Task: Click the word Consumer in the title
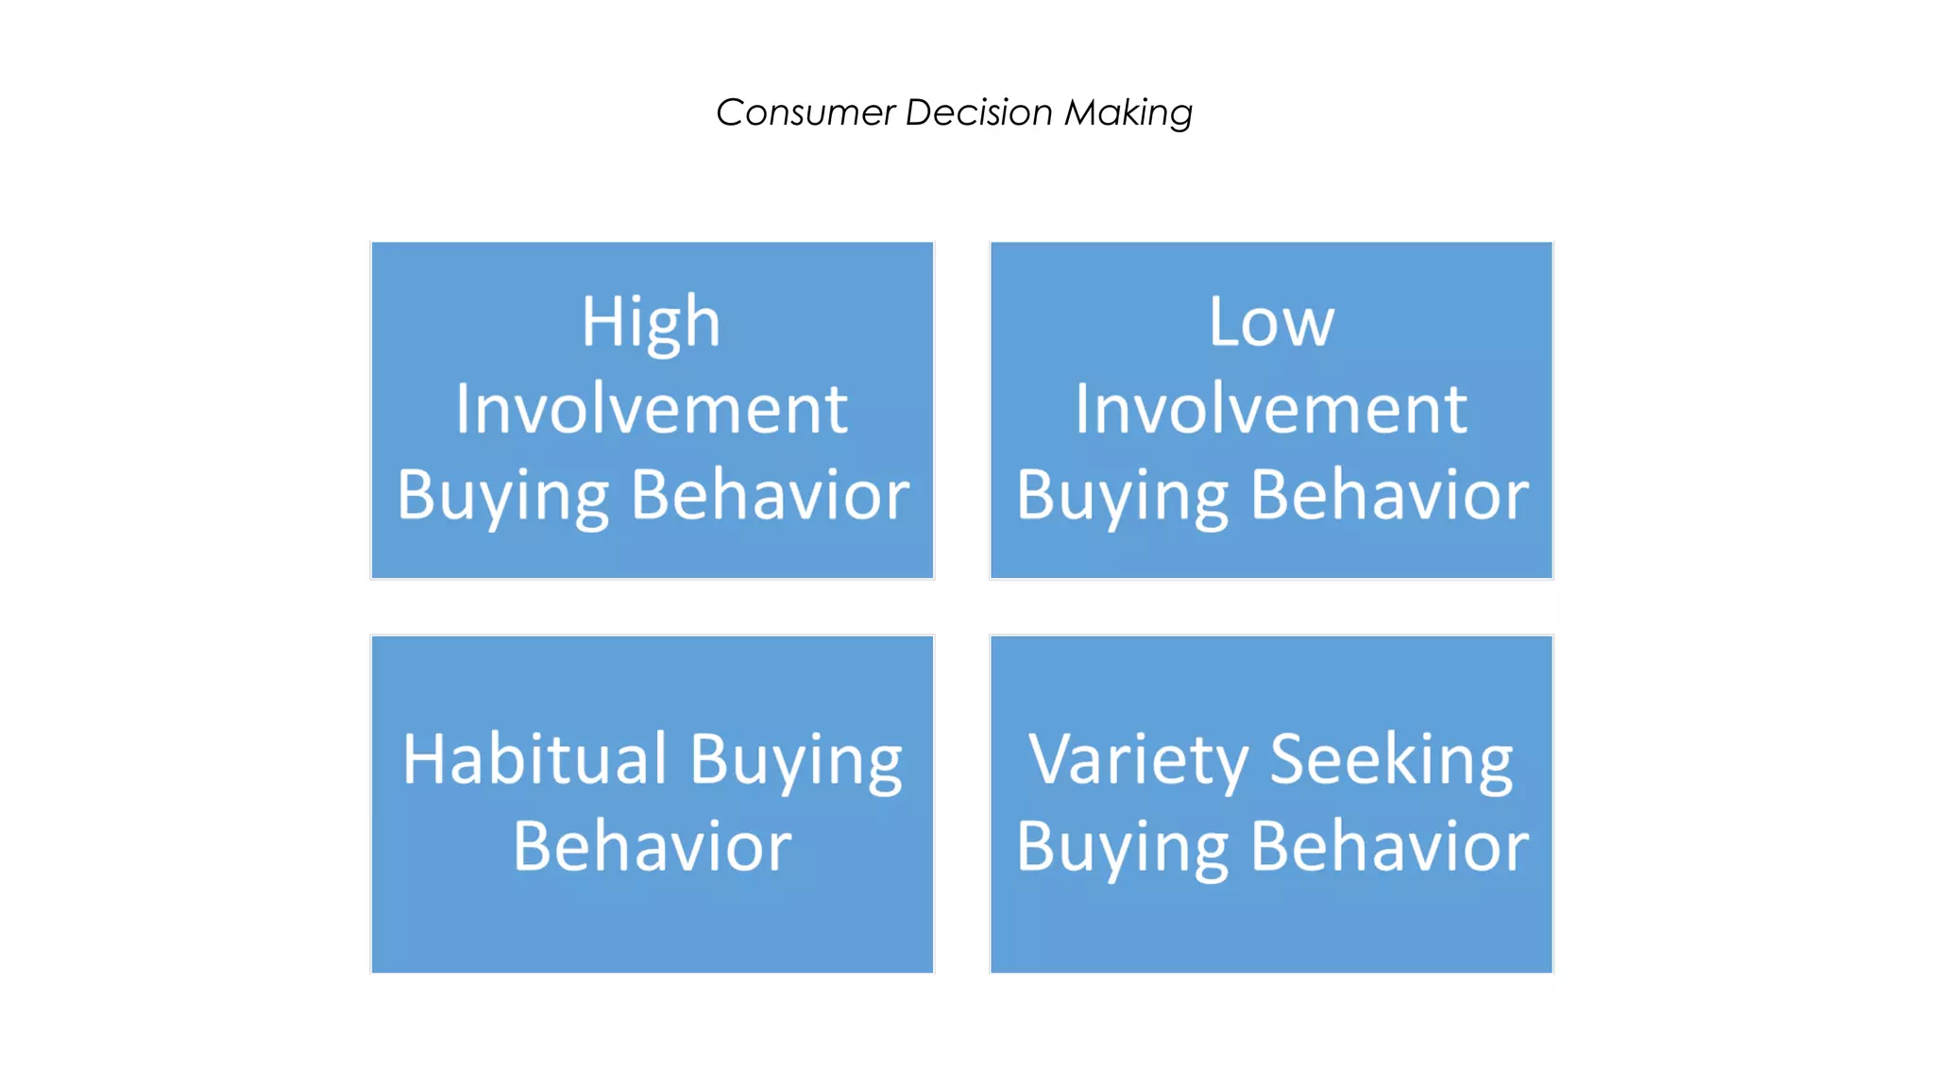(x=805, y=112)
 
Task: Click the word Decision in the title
(x=978, y=112)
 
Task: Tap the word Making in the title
(x=1128, y=112)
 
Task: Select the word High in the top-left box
(x=651, y=322)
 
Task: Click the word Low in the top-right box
(x=1271, y=322)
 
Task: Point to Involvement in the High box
(x=651, y=409)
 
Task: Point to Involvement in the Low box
(x=1271, y=409)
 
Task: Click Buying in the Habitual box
(x=795, y=761)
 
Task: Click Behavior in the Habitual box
(x=652, y=846)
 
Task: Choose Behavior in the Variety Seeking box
(x=1389, y=846)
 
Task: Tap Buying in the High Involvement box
(x=502, y=497)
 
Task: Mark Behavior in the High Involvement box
(x=770, y=495)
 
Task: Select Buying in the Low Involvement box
(x=1122, y=497)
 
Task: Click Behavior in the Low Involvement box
(x=1389, y=495)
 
